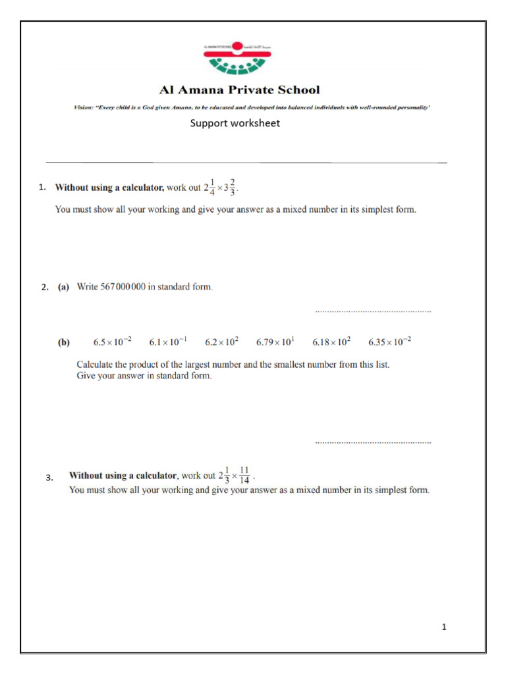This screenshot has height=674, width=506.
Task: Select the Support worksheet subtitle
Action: click(235, 123)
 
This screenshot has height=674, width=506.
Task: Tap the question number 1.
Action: click(42, 188)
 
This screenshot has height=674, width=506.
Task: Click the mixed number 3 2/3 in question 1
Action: click(231, 187)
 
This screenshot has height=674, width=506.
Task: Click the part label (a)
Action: click(63, 287)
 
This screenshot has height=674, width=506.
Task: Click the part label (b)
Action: click(64, 342)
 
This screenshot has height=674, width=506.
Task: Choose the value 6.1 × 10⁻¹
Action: click(167, 342)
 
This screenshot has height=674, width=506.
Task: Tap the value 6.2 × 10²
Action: click(221, 342)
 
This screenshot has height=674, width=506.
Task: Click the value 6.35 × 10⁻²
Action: click(390, 342)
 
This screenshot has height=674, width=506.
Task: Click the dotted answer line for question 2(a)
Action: click(373, 310)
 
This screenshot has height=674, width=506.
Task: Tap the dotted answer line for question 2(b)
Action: click(373, 442)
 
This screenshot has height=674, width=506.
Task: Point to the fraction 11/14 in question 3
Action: click(244, 475)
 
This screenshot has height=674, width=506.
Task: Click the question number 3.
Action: click(49, 478)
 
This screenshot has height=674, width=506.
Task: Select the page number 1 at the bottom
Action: click(444, 627)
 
